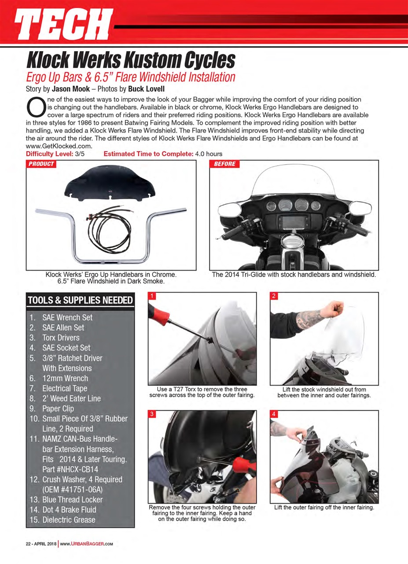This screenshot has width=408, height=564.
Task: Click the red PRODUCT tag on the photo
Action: (x=41, y=164)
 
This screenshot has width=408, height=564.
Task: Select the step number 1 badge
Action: (x=151, y=296)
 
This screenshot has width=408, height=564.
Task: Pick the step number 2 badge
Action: (x=273, y=296)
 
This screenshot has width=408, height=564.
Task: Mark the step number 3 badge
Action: (x=151, y=414)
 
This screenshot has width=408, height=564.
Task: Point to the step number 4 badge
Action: (x=273, y=414)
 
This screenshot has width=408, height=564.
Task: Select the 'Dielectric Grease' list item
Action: (x=68, y=519)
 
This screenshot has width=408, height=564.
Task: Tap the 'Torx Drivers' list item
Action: (x=60, y=338)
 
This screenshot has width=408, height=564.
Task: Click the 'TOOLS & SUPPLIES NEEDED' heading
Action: (x=80, y=301)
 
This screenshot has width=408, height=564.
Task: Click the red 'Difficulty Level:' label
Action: (x=50, y=154)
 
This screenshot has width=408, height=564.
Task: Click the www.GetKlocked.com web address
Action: (x=59, y=146)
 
